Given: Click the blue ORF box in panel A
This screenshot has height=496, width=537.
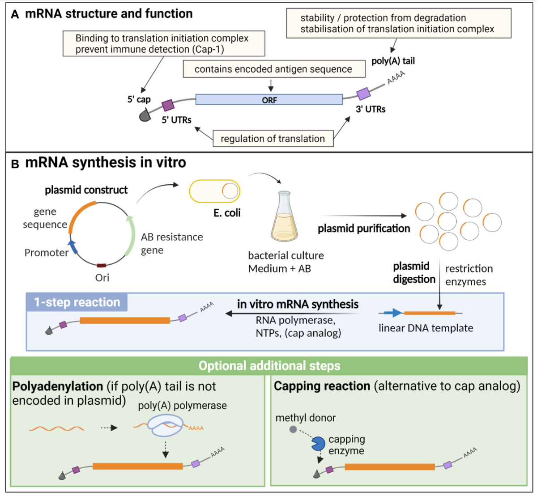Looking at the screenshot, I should tap(269, 99).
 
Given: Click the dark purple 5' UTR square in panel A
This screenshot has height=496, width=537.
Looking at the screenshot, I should tap(168, 105).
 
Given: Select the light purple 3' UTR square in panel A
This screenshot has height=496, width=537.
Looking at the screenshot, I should tap(363, 94).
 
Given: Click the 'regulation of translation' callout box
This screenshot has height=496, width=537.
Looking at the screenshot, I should tap(273, 139).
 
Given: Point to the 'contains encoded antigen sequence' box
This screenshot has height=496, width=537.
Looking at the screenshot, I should tap(273, 69).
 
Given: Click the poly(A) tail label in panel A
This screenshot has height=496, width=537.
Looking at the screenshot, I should tap(393, 61).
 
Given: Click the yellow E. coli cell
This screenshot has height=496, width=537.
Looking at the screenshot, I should tap(215, 191).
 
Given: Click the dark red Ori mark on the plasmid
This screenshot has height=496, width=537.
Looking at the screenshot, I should tap(102, 266).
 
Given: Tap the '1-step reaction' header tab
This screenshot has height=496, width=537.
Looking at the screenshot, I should tap(77, 302).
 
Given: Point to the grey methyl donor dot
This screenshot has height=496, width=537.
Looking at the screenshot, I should tap(293, 429).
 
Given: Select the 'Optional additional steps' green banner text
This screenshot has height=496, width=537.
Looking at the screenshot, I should tap(269, 366).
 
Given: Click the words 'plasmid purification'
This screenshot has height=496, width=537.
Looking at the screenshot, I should tap(364, 229).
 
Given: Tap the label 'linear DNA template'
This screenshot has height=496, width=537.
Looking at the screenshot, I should tap(426, 328).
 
